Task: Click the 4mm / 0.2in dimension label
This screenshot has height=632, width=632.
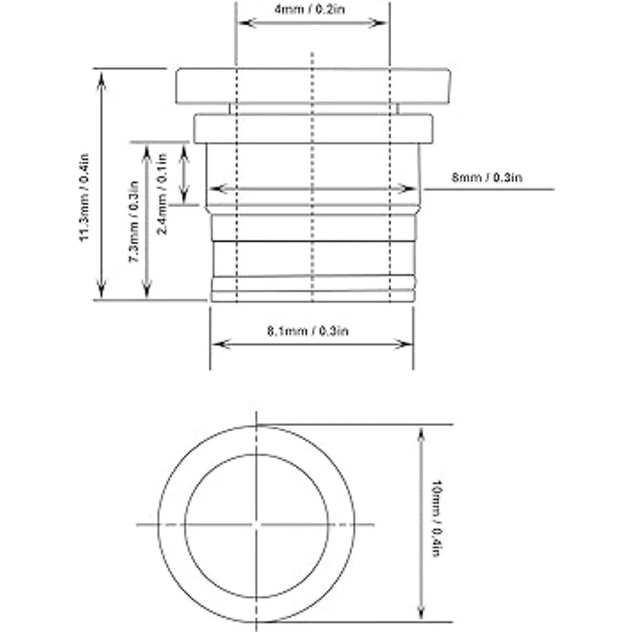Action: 310,9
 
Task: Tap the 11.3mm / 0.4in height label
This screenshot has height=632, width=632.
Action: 85,198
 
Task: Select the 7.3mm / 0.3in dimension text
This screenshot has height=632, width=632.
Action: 133,222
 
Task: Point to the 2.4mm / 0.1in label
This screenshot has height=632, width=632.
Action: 162,194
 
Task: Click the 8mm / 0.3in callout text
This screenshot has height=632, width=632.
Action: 487,177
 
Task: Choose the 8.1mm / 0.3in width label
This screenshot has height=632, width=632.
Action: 308,331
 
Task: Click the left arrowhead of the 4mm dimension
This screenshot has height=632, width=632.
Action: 246,23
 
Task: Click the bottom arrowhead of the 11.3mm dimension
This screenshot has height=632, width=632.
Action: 101,289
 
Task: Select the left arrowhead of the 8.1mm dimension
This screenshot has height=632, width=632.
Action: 221,344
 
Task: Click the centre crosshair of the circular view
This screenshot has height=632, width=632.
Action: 256,525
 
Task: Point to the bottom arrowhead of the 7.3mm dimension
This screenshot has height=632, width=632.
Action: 147,289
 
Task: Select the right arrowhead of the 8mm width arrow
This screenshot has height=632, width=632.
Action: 407,189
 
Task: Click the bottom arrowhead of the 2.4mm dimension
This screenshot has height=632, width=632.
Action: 184,195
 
